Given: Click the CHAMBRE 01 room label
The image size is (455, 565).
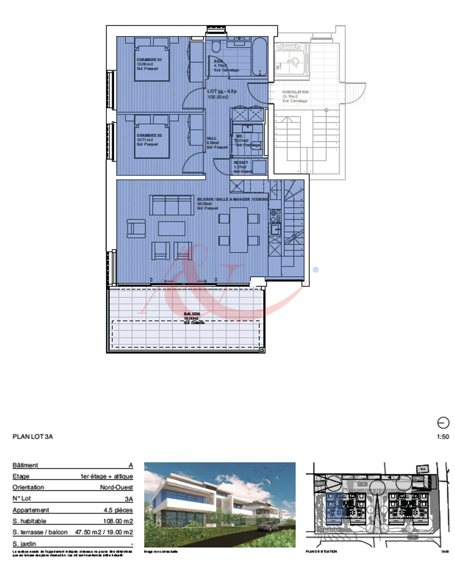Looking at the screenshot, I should (149, 60).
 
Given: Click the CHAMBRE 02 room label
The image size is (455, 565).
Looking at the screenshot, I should (149, 135).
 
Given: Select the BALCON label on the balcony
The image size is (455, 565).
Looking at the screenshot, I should (191, 314).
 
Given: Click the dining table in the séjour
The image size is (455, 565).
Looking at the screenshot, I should (239, 230).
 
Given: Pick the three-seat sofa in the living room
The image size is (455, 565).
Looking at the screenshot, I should (172, 205).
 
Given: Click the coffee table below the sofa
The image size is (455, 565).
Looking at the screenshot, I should (172, 228).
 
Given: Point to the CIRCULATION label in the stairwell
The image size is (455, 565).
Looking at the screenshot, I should (295, 92).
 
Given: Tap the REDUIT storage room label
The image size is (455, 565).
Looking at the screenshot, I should (241, 163).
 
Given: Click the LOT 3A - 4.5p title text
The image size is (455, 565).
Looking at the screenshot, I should (222, 91).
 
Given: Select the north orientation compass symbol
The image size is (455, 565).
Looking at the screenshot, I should (443, 423).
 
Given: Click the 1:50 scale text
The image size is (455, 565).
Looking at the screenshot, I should (443, 437).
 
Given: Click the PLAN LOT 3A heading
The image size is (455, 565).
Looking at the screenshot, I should (33, 437).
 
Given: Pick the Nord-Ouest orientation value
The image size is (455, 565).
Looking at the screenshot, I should (116, 487).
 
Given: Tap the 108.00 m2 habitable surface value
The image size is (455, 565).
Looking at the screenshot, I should (118, 521).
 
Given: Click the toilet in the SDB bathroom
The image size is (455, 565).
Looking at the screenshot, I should (216, 46).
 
